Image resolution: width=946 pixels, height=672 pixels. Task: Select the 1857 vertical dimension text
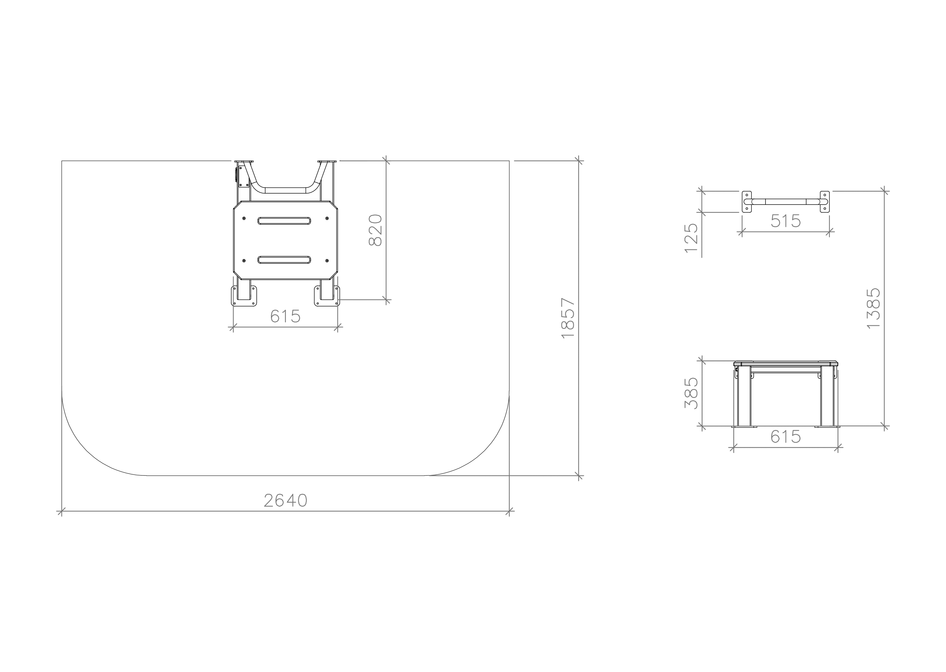(568, 318)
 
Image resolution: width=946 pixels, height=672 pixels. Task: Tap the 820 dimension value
(375, 230)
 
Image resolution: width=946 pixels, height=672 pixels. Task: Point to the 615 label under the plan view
(285, 316)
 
